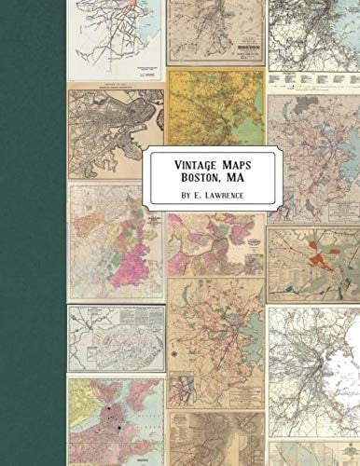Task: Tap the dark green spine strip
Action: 33,233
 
